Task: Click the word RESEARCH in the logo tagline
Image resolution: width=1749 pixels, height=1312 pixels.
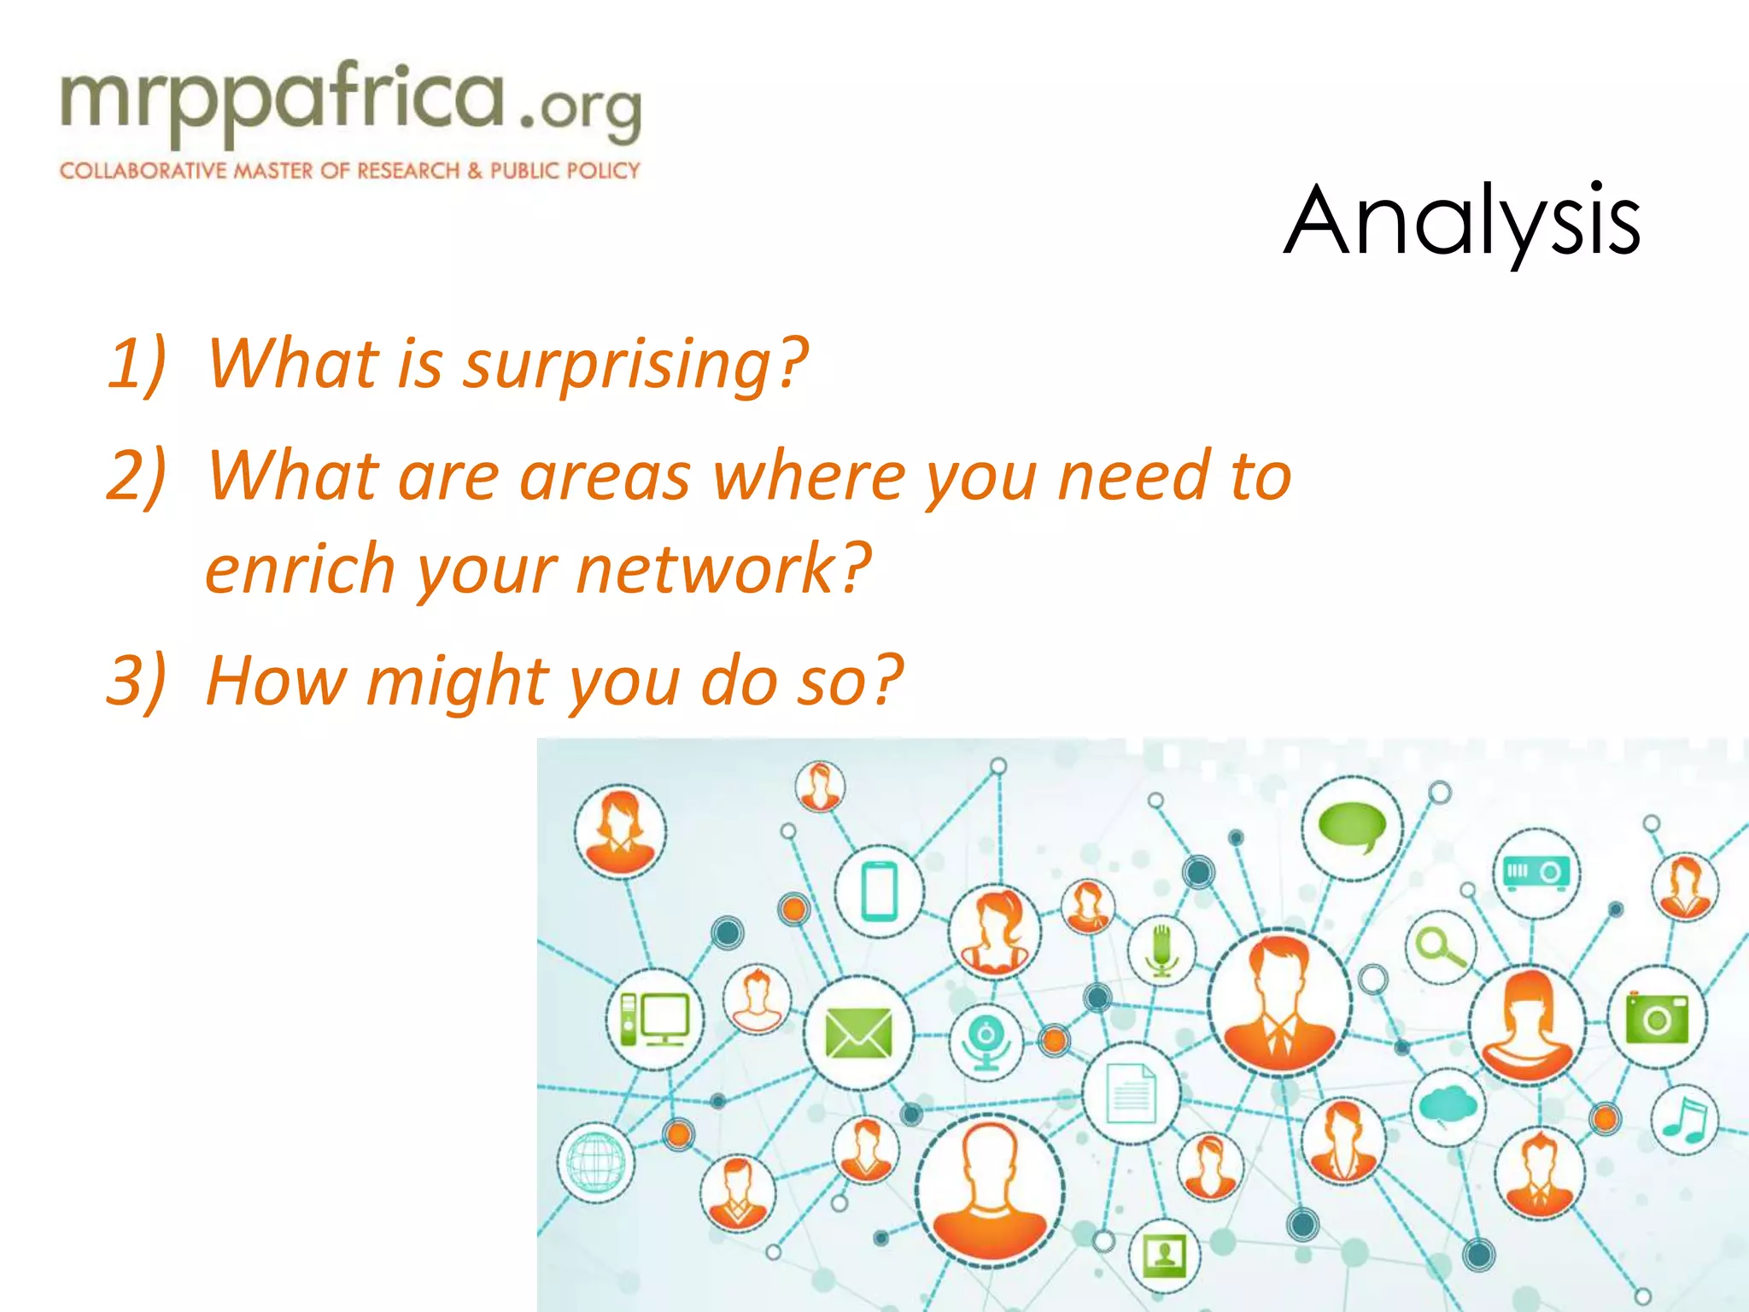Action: click(408, 171)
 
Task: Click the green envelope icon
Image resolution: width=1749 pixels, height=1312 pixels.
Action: click(858, 1033)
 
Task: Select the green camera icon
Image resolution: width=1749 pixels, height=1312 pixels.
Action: click(1657, 1018)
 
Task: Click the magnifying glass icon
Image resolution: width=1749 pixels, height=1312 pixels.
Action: click(1440, 947)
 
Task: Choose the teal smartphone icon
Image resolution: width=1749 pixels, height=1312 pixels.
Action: click(879, 892)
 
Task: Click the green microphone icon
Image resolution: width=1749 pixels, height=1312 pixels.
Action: click(1161, 950)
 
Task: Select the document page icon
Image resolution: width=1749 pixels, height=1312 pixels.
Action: click(1132, 1093)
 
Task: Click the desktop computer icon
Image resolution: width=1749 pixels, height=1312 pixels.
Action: click(654, 1019)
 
